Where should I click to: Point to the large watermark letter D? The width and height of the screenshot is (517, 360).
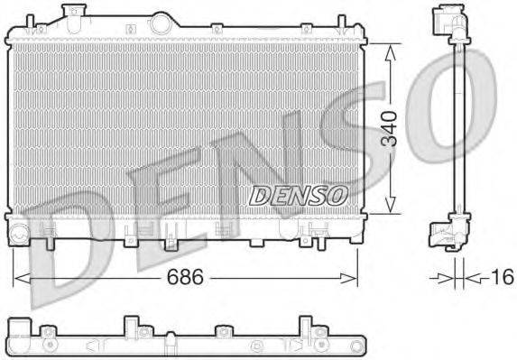click(68, 253)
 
